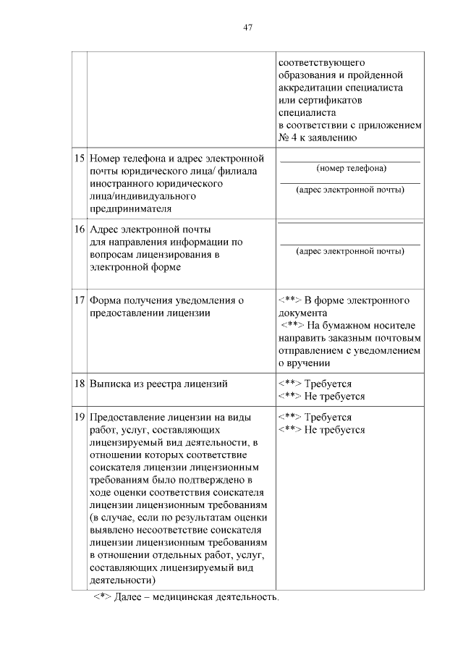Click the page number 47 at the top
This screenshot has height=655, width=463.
click(x=247, y=27)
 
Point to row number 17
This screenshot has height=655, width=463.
click(x=79, y=300)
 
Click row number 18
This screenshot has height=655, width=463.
click(x=79, y=384)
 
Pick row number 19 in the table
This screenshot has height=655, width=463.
click(x=79, y=418)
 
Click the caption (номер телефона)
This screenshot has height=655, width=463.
click(x=351, y=169)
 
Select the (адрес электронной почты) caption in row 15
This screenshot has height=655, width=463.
click(x=351, y=190)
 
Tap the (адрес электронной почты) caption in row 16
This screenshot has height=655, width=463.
click(x=351, y=252)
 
